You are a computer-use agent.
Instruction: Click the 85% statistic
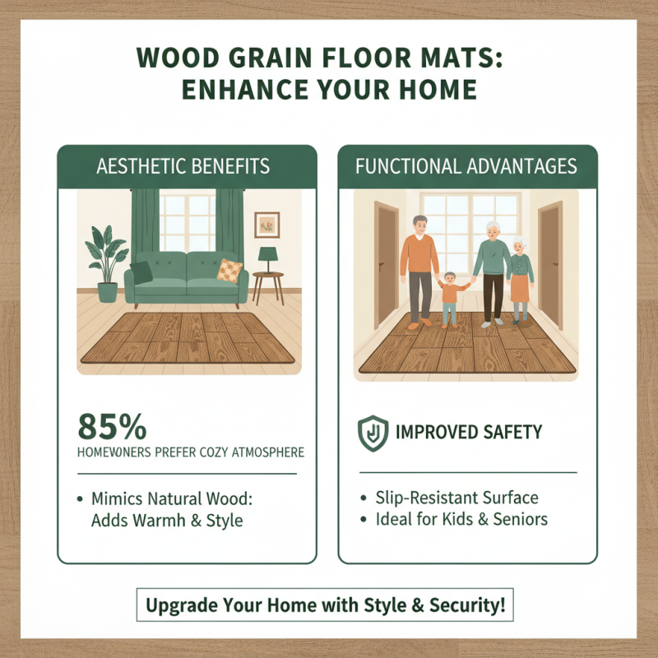coord(113,427)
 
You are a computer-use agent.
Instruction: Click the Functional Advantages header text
coord(467,167)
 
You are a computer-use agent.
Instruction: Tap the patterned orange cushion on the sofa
coord(229,270)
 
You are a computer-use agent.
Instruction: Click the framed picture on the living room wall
coord(267,224)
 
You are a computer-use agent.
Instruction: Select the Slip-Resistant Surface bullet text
coord(456,498)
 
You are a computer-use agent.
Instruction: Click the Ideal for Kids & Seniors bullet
coord(461,519)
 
